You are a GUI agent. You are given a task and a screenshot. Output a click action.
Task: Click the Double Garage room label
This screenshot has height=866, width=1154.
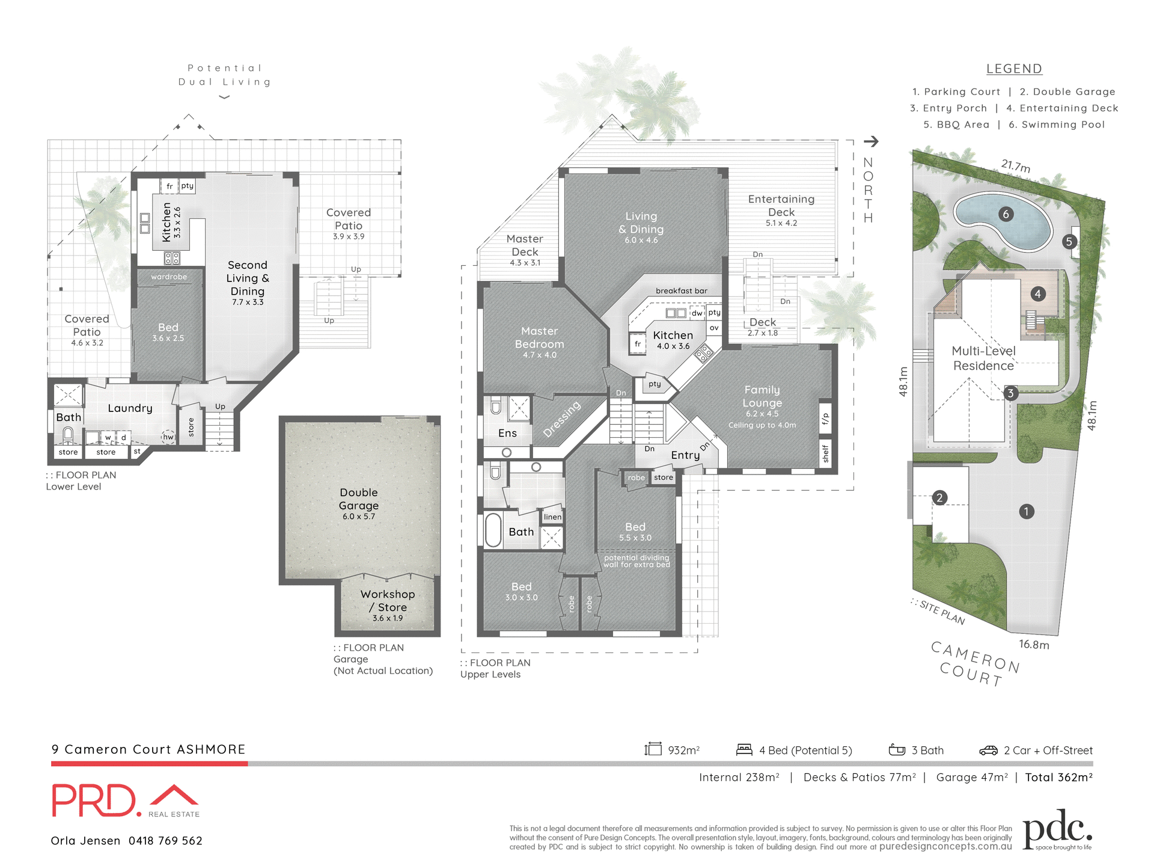pos(359,499)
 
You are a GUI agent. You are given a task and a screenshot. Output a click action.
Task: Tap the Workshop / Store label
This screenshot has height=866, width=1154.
pos(388,601)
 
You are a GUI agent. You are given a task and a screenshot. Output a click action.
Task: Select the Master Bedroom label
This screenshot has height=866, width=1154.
pos(539,338)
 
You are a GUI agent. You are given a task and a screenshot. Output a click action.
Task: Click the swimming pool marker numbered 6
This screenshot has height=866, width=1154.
pos(1006,214)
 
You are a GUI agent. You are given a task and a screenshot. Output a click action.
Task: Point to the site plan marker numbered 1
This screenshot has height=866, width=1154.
pos(1027,512)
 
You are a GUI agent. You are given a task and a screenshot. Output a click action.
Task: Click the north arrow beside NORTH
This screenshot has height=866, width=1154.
pos(871,141)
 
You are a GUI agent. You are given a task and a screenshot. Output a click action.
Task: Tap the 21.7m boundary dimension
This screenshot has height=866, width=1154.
pos(1016,165)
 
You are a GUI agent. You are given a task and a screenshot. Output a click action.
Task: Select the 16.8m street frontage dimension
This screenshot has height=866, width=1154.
pos(1034,645)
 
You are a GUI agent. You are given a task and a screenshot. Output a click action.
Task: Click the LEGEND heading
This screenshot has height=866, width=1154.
pos(1014,69)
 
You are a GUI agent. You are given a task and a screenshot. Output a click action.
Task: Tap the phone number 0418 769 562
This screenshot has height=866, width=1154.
pos(165,841)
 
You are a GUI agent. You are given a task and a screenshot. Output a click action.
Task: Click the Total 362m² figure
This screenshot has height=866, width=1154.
pos(1058,778)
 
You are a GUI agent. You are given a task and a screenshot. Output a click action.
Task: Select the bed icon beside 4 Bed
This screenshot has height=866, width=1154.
pos(744,749)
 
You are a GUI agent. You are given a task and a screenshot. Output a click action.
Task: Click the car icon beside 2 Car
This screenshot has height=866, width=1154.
pos(988,751)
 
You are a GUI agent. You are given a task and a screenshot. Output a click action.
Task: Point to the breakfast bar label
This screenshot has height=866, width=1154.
pos(681,291)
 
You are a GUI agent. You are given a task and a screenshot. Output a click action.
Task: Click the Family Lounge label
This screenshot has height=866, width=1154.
pos(762,396)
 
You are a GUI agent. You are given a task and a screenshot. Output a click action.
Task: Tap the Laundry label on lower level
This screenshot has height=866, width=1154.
pos(130,408)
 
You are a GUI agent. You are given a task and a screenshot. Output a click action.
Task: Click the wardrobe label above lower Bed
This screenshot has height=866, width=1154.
pos(169,277)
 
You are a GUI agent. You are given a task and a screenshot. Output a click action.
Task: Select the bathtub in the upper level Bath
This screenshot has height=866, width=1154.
pos(493,530)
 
